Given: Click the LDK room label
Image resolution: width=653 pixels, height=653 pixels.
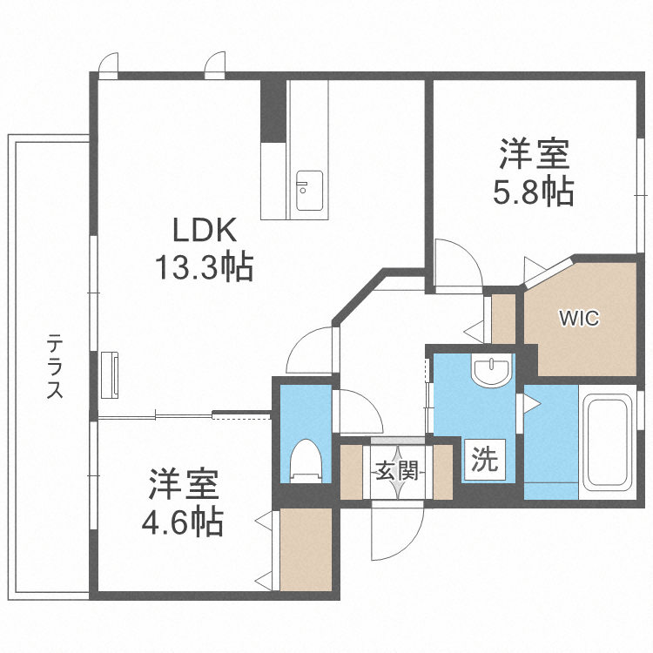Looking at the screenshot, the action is pos(205,231).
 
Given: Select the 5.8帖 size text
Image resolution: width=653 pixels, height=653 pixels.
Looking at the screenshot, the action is pos(535,192).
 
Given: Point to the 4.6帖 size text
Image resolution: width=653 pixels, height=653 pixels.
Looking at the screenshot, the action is pos(183,522).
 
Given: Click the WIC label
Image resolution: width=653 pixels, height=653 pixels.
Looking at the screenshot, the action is pos(579,319).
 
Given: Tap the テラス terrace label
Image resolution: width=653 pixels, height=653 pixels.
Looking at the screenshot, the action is pos(55,367).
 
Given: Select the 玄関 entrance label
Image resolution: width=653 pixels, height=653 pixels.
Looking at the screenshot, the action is pos(397,471).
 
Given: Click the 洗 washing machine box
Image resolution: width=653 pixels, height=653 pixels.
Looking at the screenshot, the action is pos(485,460).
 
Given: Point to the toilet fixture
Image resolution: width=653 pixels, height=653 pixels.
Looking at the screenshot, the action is pos(306,461).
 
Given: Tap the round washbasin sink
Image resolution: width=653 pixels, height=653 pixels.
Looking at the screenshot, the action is pos(491,369).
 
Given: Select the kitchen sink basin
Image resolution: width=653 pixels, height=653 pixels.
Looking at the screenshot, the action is pos(309,191).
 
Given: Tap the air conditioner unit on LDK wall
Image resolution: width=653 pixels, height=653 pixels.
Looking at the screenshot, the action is pos(110,375).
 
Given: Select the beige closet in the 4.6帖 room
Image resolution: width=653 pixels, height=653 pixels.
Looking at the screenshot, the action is pos(306,549).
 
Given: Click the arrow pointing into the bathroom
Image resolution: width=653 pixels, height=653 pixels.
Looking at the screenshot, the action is pos(532,403).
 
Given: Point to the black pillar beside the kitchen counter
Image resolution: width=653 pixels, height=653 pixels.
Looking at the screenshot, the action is pos(273,111).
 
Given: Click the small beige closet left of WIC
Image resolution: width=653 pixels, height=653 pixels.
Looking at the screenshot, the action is pos(503,319).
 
